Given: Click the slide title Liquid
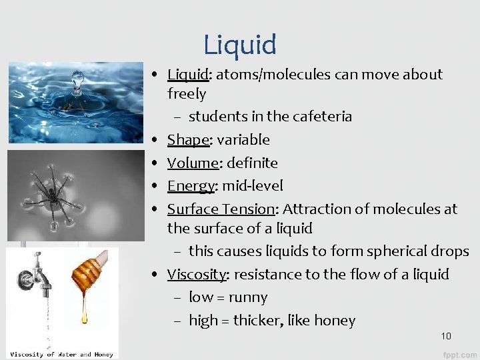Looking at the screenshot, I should click(240, 45).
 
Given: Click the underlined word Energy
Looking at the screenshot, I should click(191, 186).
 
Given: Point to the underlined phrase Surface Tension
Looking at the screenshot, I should click(221, 209).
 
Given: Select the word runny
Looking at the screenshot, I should click(247, 297).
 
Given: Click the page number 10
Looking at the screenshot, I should click(446, 335).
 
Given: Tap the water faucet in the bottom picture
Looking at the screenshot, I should click(37, 277).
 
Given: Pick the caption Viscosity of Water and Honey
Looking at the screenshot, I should click(61, 354).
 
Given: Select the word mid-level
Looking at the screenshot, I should click(252, 186).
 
